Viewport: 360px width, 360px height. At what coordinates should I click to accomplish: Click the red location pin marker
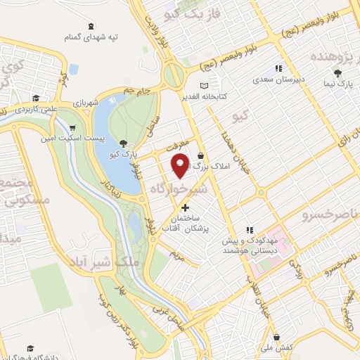[x=180, y=166]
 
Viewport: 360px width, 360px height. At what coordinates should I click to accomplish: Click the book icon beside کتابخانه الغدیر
[x=204, y=86]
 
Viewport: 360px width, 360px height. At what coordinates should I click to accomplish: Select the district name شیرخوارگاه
[x=179, y=188]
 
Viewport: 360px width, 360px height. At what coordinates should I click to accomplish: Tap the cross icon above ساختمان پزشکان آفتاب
[x=185, y=207]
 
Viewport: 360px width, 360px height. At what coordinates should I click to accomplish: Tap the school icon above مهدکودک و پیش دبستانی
[x=249, y=229]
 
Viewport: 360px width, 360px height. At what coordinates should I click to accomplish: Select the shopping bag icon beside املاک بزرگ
[x=201, y=155]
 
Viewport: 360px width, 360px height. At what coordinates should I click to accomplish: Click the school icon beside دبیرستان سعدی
[x=278, y=68]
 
